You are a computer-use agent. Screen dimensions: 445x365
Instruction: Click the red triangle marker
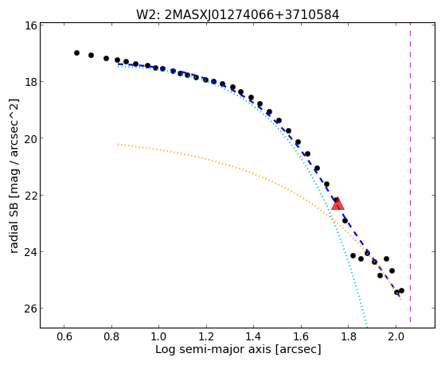click(x=338, y=204)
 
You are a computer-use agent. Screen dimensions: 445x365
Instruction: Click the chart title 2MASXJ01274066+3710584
click(x=252, y=15)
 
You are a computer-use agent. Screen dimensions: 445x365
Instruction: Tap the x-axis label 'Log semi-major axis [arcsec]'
click(x=238, y=349)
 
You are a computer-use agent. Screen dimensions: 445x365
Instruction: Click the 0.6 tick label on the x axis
click(x=64, y=336)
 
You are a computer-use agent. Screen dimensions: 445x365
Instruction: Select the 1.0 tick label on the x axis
click(x=159, y=336)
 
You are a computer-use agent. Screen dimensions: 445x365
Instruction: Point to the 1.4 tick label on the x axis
click(x=254, y=336)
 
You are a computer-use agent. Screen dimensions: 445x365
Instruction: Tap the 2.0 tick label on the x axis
click(x=396, y=336)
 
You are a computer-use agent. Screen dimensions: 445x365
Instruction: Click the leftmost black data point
click(x=76, y=52)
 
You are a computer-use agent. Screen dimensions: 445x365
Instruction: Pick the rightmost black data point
click(x=401, y=290)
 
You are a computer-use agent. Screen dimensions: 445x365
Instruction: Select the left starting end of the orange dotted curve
click(x=118, y=145)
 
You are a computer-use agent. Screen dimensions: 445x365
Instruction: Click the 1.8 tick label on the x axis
click(x=349, y=336)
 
